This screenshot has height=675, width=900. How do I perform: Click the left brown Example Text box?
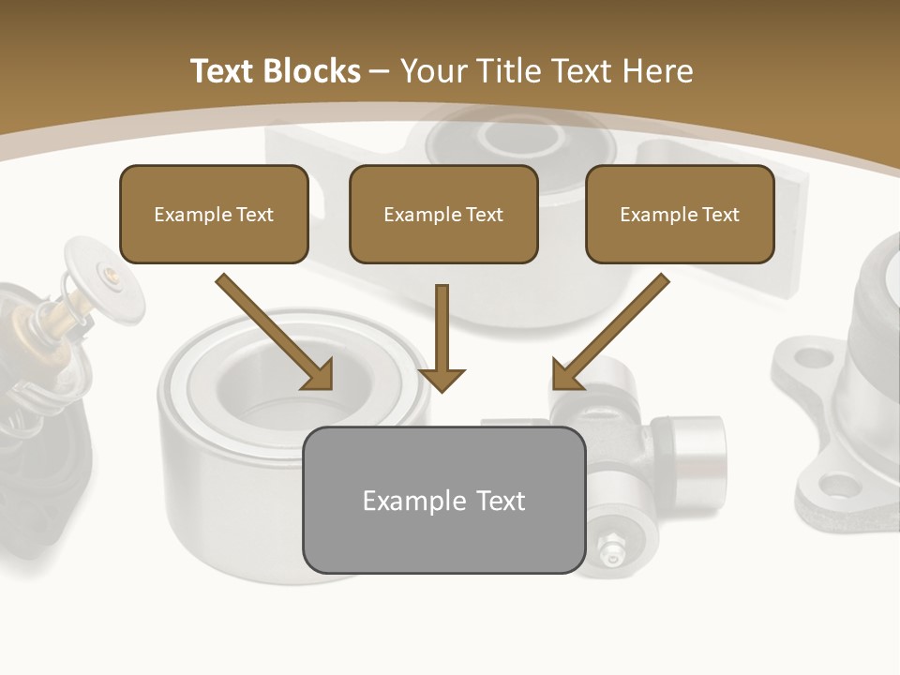pyautogui.click(x=214, y=214)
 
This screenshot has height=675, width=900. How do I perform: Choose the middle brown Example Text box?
pyautogui.click(x=443, y=214)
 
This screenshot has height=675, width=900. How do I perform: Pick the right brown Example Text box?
pyautogui.click(x=680, y=214)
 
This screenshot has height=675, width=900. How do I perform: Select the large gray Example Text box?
pyautogui.click(x=443, y=500)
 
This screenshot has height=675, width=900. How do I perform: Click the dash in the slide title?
pyautogui.click(x=380, y=70)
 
